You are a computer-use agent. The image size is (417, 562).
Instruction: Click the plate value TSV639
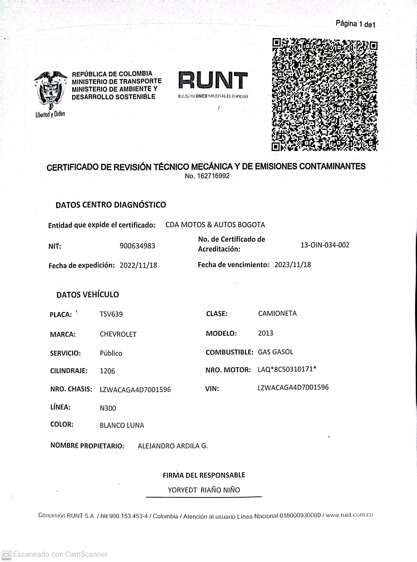point(111,314)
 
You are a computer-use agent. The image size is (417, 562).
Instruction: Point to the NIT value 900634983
point(137,246)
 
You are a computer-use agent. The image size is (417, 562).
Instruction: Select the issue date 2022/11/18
point(138,265)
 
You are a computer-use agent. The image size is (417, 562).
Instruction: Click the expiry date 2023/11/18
point(293,264)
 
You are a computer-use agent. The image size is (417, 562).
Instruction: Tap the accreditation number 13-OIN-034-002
point(325,245)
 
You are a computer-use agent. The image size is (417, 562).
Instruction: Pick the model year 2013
point(266,333)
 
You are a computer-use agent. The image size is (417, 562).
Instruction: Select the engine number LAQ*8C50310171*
point(287,369)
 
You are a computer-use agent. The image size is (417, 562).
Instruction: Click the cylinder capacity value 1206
point(107,371)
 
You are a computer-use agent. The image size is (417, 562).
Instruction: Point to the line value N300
point(108,408)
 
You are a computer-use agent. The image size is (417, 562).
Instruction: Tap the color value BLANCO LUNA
point(122,425)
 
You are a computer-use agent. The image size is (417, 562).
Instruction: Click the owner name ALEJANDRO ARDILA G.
point(173,446)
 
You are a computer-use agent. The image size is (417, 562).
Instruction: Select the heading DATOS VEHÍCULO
point(88,295)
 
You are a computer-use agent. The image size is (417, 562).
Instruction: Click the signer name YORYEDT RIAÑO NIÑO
point(204,490)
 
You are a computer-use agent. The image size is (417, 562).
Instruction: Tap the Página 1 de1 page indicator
point(355,24)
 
